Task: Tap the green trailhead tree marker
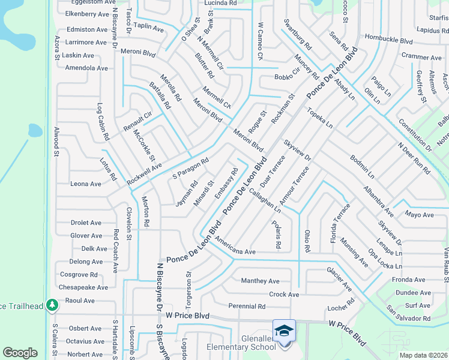52,305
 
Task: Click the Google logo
20,353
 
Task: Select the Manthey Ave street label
260,281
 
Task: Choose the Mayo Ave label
419,214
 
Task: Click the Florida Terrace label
340,222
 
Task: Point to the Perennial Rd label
247,306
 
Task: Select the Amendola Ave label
86,68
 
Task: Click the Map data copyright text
423,355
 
